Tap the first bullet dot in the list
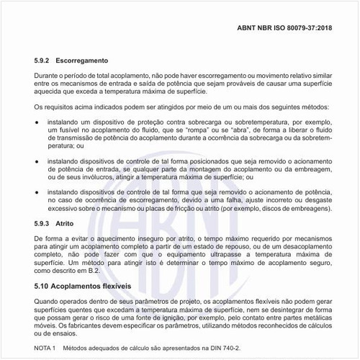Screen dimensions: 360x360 point(37,124)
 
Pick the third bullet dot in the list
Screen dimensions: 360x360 point(37,194)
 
